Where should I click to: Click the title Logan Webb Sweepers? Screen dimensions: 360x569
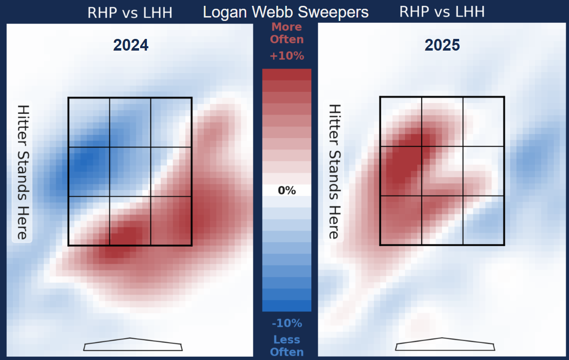(285, 12)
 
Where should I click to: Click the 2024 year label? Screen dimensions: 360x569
(131, 45)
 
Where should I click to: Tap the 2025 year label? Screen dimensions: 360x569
(442, 45)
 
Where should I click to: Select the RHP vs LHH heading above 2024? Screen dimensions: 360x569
(130, 12)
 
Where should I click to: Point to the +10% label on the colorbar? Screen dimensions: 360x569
(286, 56)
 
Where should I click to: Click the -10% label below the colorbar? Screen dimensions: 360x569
(286, 324)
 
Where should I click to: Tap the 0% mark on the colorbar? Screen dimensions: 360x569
(286, 191)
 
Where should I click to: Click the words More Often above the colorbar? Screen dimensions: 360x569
(286, 33)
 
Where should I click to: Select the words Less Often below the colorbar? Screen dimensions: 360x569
(286, 346)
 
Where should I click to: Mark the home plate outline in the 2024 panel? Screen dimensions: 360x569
(133, 344)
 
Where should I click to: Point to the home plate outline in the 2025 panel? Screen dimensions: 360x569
(445, 344)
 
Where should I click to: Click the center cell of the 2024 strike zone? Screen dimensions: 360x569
(130, 172)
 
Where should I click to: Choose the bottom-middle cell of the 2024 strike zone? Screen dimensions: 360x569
(130, 220)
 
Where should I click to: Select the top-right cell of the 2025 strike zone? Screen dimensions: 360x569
(483, 122)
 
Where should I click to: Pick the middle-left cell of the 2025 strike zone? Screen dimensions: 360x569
(400, 171)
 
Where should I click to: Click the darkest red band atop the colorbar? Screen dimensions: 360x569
(286, 74)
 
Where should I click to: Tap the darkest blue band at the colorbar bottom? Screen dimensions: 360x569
(286, 306)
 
